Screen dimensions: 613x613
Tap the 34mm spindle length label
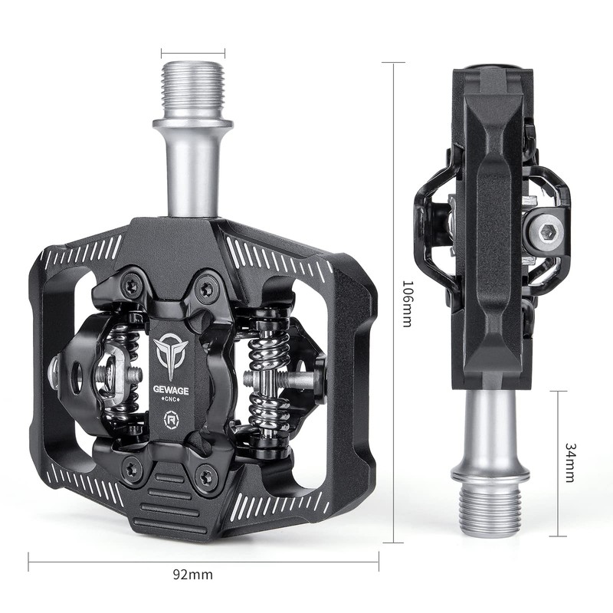coord(569,462)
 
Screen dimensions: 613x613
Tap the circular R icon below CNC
coord(171,423)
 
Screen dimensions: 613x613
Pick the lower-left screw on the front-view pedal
coord(133,468)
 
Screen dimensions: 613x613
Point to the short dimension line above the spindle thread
coord(193,54)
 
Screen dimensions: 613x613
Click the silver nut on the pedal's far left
coord(55,372)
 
